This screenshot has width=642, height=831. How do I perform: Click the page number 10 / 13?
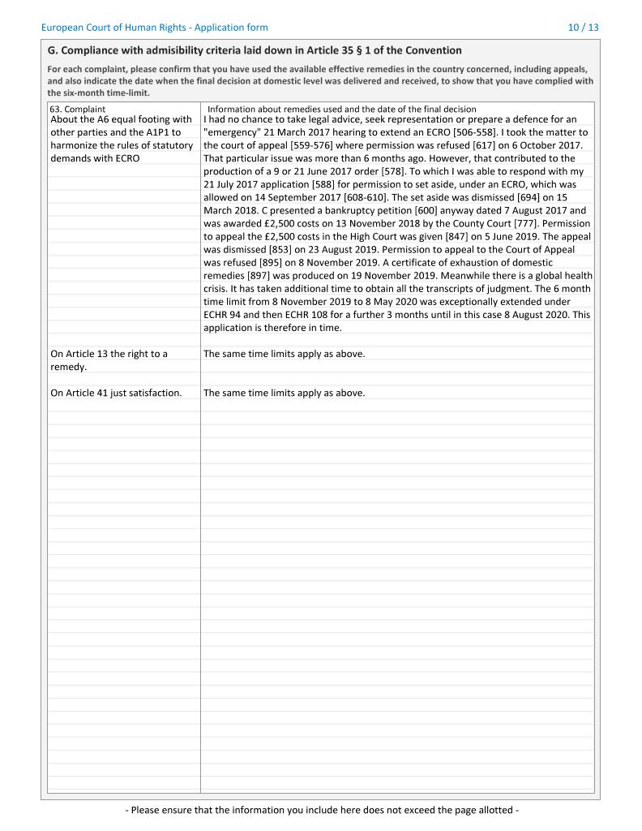point(584,28)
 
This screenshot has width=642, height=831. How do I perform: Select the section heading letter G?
point(53,50)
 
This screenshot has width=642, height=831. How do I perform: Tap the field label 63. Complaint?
point(78,109)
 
